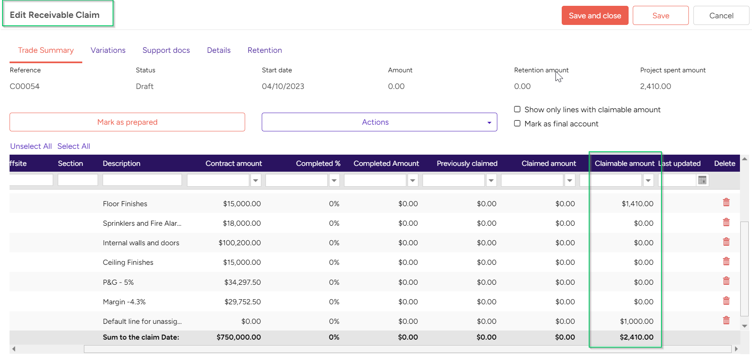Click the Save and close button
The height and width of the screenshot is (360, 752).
[x=595, y=16]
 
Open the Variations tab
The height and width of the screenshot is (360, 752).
[x=108, y=50]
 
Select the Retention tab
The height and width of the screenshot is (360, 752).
[x=265, y=50]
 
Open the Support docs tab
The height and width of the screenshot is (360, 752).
[x=166, y=50]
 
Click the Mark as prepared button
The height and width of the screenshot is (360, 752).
[x=127, y=122]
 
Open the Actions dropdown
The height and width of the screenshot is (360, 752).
[x=379, y=122]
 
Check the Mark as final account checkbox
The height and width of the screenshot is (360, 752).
[x=517, y=123]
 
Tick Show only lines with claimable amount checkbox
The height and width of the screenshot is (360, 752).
[x=517, y=109]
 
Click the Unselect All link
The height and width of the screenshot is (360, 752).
[x=31, y=146]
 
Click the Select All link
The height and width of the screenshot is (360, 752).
[x=74, y=146]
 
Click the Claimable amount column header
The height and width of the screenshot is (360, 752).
[x=624, y=163]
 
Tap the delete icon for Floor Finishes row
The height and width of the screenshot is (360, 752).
[x=726, y=202]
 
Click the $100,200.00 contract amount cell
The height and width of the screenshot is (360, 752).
[x=240, y=243]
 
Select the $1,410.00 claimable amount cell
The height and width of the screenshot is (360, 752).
[x=637, y=204]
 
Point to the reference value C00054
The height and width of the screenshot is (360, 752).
[x=25, y=86]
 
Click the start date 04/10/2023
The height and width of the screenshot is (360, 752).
[x=283, y=86]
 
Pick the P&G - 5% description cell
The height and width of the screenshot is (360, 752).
[x=118, y=282]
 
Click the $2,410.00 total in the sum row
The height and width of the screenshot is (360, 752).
[x=636, y=337]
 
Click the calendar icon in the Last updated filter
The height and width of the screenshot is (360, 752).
[x=702, y=180]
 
